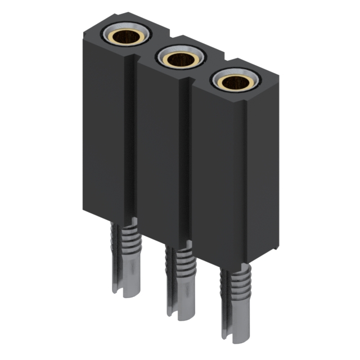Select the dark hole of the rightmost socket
pyautogui.click(x=233, y=83)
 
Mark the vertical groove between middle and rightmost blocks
pyautogui.click(x=187, y=163)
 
